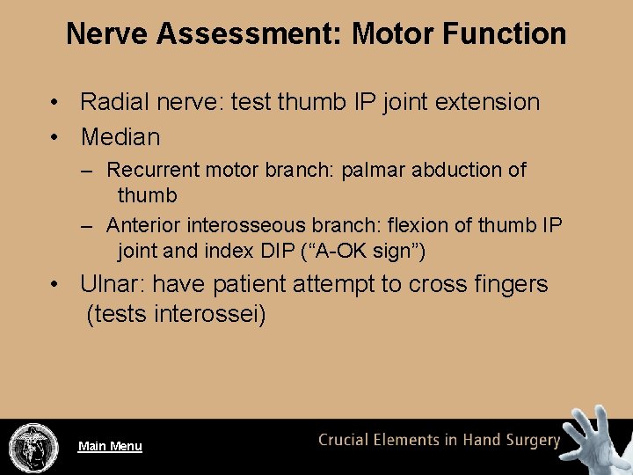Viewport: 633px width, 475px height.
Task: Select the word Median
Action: (120, 137)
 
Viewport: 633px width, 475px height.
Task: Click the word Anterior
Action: (142, 226)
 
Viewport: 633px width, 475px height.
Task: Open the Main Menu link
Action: (110, 446)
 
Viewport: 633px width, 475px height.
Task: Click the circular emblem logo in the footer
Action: (33, 447)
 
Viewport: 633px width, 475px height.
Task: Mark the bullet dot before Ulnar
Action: (55, 285)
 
